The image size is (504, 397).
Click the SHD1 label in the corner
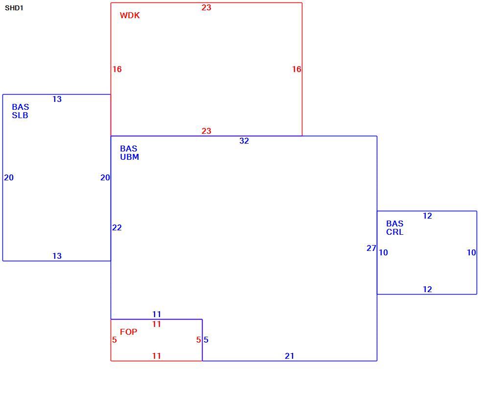[x=14, y=8]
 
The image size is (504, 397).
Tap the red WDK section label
[x=130, y=16]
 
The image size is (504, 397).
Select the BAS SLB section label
[x=20, y=111]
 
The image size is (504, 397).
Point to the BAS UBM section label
[x=130, y=153]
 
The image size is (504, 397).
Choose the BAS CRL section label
[x=395, y=228]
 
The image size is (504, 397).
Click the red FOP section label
[x=129, y=332]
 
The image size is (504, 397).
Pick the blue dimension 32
[x=244, y=141]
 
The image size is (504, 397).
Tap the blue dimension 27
[x=371, y=248]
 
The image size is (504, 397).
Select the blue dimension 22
[x=117, y=227]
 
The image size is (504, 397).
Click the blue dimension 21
[x=290, y=356]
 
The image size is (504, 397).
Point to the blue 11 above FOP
[x=157, y=314]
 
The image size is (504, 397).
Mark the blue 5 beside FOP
[x=206, y=340]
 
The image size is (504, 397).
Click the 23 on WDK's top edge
[x=206, y=7]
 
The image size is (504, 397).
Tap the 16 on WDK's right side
[x=297, y=69]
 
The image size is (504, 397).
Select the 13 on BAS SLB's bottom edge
[x=57, y=256]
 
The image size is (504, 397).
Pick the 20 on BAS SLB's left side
[x=9, y=177]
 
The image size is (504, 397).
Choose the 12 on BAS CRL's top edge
[x=427, y=216]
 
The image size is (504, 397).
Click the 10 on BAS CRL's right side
[x=472, y=252]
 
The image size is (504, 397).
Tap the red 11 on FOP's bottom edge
[x=157, y=356]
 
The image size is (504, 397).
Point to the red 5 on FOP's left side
[x=115, y=340]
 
